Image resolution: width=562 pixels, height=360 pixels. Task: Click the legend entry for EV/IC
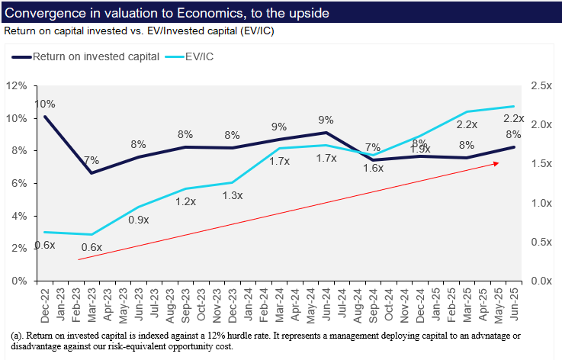198,56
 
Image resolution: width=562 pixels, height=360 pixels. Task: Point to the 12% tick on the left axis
16,85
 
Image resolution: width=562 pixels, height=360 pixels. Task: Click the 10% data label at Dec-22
44,104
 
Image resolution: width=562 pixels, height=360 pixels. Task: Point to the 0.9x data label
138,220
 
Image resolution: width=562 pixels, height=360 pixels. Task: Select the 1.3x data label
232,195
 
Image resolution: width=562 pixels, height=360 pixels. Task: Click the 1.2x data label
185,202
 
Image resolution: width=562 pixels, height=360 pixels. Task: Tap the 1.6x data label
373,168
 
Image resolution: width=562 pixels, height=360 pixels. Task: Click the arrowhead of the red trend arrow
497,163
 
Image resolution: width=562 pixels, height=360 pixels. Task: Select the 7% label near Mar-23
92,160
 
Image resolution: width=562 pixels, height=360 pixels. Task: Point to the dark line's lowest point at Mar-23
92,172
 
